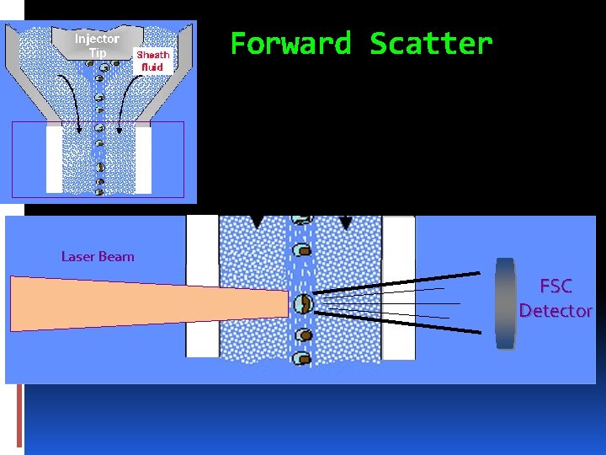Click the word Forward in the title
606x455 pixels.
point(290,43)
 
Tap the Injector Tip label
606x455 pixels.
point(97,45)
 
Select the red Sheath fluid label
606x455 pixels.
point(153,61)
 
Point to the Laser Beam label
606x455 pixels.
point(98,256)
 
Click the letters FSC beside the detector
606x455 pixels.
point(555,286)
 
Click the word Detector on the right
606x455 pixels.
point(555,311)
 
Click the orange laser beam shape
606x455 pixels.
point(126,303)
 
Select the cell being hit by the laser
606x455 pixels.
point(303,302)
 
